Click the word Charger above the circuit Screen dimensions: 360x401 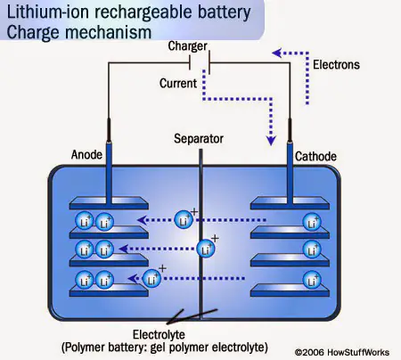(187, 46)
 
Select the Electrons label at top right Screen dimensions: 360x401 (338, 65)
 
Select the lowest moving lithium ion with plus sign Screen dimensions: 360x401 (151, 277)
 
